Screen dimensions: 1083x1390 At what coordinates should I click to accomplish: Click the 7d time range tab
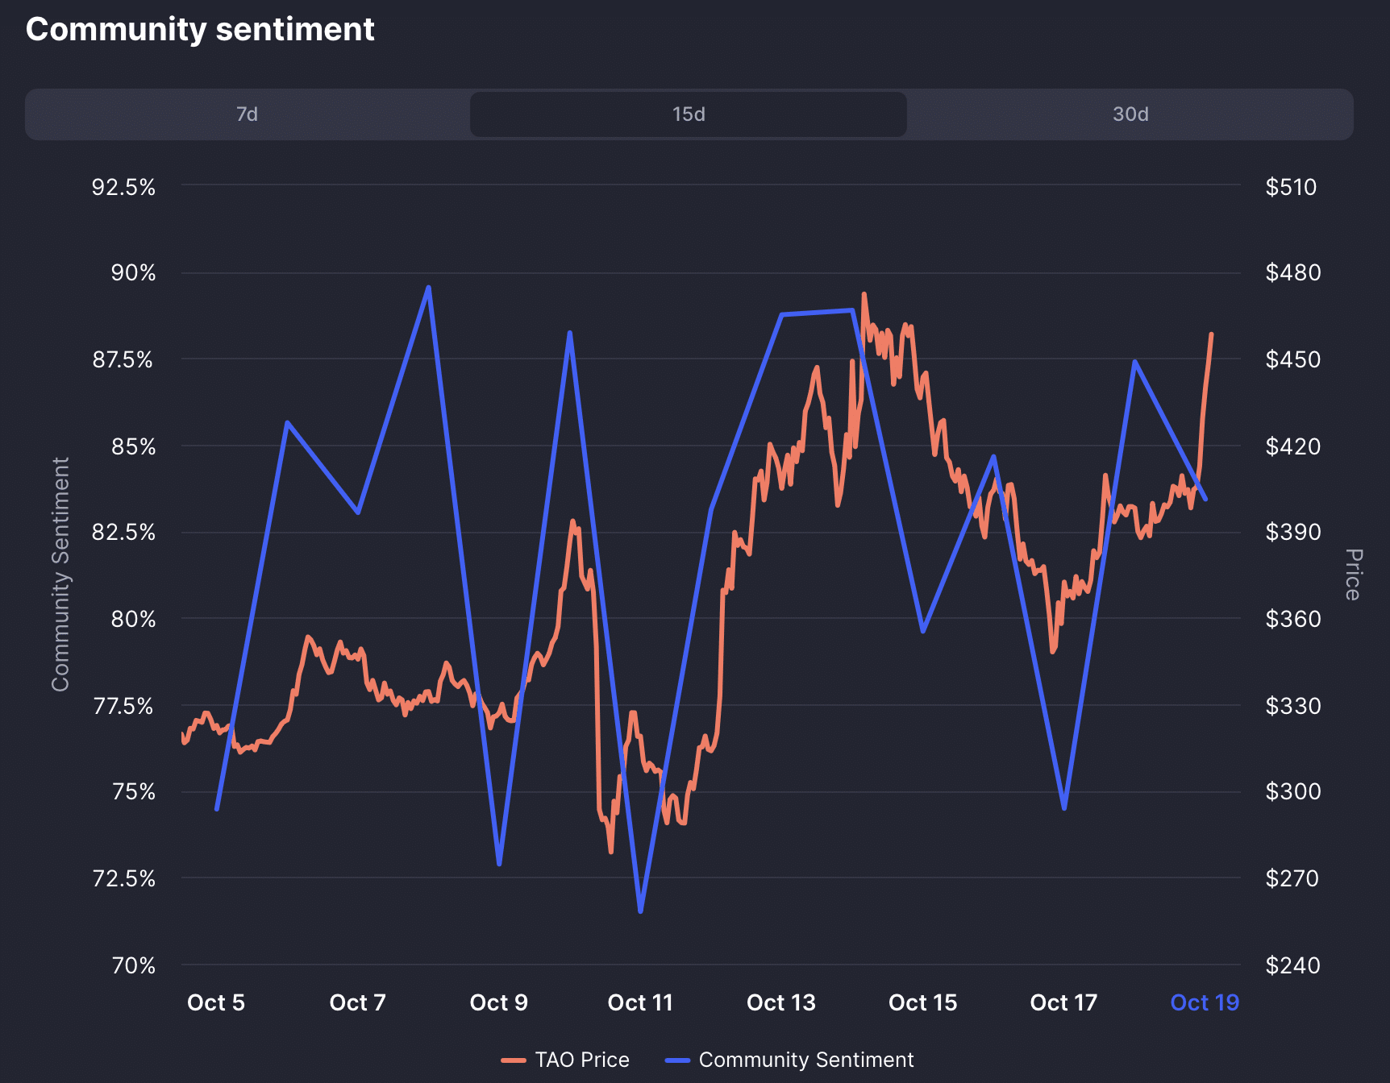pos(247,114)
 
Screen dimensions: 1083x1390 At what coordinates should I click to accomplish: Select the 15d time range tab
pos(689,114)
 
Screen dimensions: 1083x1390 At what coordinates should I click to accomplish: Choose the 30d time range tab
pos(1130,114)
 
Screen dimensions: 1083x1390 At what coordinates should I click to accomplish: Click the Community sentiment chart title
pos(200,30)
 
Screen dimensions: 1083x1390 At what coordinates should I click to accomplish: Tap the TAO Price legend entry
pos(566,1060)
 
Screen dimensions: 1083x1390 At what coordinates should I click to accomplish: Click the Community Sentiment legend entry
pos(790,1060)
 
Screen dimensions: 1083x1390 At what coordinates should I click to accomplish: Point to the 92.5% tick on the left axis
pos(123,187)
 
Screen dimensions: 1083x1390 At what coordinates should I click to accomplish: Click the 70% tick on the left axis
pos(134,965)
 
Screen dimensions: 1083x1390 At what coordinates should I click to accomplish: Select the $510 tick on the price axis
pos(1291,187)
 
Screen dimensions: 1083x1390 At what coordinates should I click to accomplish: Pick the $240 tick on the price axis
pos(1292,965)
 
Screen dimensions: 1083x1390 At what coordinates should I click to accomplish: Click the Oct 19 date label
pos(1205,1002)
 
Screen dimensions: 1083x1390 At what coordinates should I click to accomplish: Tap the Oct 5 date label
pos(216,1002)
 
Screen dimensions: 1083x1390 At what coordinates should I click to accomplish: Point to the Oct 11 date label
pos(640,1002)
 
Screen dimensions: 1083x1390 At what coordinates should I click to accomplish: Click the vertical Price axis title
pos(1354,575)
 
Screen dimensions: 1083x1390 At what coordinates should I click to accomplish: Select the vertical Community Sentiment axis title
pos(61,575)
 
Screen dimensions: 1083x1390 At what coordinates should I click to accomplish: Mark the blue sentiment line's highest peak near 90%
pos(428,287)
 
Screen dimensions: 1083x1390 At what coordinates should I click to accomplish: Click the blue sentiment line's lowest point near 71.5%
pos(641,911)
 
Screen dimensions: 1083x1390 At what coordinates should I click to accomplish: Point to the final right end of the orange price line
pos(1211,334)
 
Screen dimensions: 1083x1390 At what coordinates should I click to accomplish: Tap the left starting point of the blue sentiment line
pos(217,808)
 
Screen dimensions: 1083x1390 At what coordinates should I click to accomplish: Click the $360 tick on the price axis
pos(1292,619)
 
